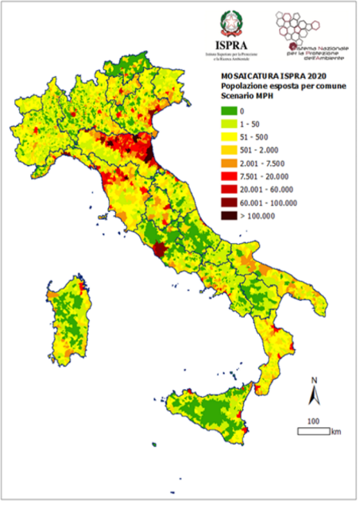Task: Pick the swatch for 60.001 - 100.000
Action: pyautogui.click(x=229, y=202)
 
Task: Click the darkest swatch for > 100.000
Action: pyautogui.click(x=229, y=214)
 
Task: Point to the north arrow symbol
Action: pyautogui.click(x=314, y=395)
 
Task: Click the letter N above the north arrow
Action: pyautogui.click(x=314, y=380)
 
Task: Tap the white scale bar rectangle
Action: pyautogui.click(x=314, y=431)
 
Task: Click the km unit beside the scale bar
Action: pyautogui.click(x=337, y=431)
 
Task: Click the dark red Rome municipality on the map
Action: pyautogui.click(x=160, y=250)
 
